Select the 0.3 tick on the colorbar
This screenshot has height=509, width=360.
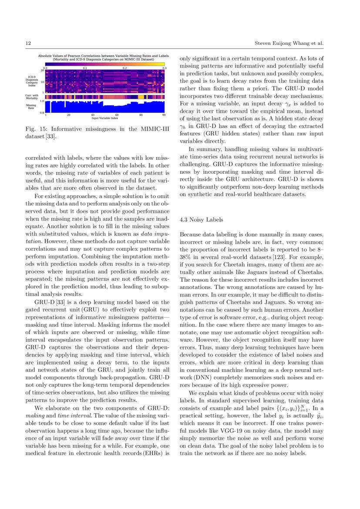click(164, 68)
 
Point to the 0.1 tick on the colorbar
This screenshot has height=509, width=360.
click(85, 68)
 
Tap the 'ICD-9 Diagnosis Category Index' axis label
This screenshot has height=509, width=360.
click(32, 81)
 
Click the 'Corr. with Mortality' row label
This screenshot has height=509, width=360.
click(33, 97)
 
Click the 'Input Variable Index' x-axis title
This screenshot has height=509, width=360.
click(105, 118)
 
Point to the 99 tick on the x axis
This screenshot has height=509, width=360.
click(164, 115)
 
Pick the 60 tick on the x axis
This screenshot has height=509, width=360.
click(117, 115)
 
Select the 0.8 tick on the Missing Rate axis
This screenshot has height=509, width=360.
click(42, 113)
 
